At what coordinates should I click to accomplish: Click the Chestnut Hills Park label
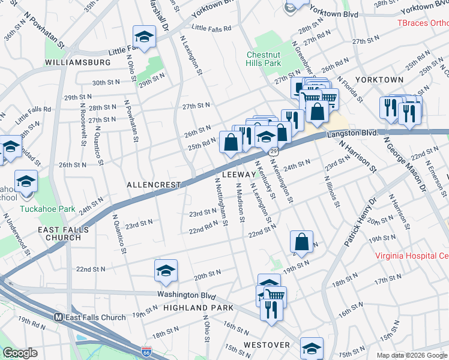click(264, 58)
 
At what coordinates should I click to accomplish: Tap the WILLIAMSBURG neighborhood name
click(77, 62)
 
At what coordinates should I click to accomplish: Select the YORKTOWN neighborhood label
click(379, 79)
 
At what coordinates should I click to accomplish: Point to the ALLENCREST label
click(153, 185)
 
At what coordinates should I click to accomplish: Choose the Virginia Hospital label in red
click(411, 255)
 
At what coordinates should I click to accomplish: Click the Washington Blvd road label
click(186, 295)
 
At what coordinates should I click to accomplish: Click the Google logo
click(20, 353)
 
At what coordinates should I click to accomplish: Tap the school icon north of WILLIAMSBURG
click(144, 37)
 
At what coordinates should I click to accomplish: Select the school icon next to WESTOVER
click(312, 347)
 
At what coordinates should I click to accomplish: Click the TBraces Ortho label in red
click(423, 23)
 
